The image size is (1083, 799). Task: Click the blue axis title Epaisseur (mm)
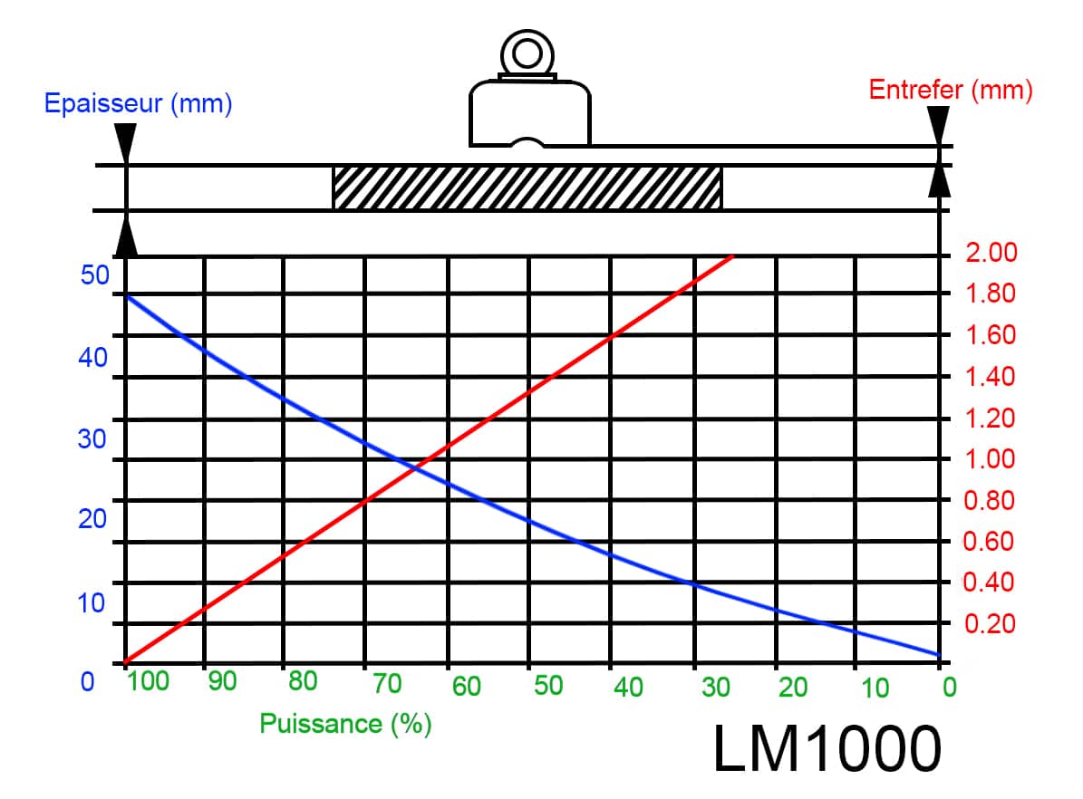[138, 103]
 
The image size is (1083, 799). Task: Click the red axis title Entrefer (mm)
[951, 90]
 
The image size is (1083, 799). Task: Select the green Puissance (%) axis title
[345, 724]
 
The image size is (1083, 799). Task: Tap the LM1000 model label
[827, 748]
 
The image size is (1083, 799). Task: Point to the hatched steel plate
[527, 188]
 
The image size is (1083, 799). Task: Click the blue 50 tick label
[94, 274]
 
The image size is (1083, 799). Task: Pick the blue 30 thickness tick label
[92, 438]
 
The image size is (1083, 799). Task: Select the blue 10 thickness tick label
[91, 603]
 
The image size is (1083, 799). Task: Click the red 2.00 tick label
[991, 252]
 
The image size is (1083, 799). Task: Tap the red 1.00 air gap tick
[990, 458]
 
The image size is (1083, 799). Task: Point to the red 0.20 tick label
[990, 623]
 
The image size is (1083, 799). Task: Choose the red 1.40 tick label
[990, 376]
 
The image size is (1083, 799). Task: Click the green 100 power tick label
[148, 681]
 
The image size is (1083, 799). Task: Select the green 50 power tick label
[548, 685]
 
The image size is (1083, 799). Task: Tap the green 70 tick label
[387, 684]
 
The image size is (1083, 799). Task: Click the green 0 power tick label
[950, 688]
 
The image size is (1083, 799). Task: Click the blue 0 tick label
[87, 681]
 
